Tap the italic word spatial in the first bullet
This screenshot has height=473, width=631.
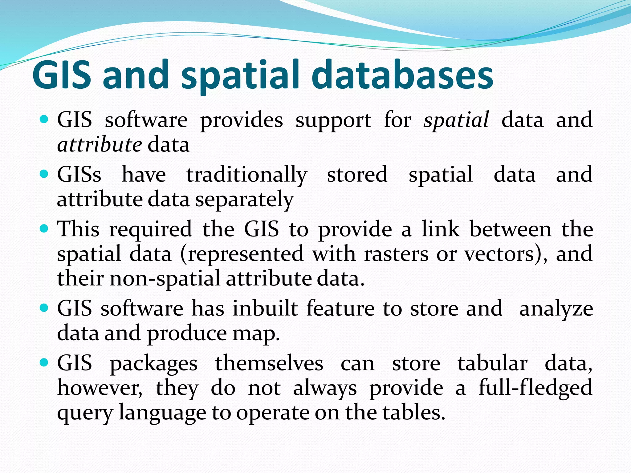456,120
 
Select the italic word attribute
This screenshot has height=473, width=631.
99,145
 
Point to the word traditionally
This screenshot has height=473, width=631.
246,175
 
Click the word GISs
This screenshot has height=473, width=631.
79,175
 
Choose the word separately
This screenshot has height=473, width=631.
244,200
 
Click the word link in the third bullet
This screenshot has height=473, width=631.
441,229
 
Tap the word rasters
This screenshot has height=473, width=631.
396,254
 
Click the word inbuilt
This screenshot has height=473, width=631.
265,309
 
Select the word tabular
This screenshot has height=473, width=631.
492,363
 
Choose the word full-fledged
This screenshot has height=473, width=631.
535,388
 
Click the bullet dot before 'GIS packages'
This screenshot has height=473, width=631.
44,363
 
